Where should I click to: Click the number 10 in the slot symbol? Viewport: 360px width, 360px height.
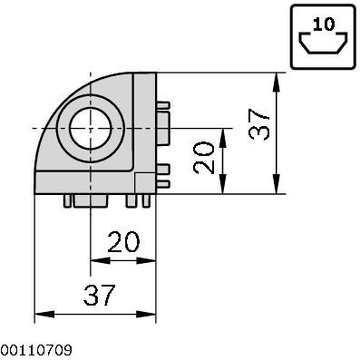(x=322, y=25)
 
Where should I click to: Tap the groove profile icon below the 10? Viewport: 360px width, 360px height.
(x=322, y=44)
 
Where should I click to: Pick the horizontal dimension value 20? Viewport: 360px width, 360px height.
(x=122, y=243)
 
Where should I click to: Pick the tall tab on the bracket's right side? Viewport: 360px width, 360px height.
(x=163, y=128)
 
